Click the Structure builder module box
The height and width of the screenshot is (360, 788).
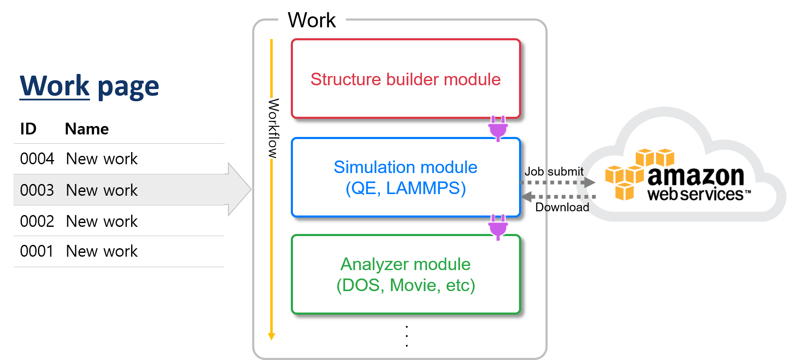[x=406, y=79]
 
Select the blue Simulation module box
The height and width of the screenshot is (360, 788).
[x=406, y=177]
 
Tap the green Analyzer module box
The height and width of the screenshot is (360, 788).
[x=406, y=274]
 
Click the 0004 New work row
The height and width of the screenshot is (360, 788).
[x=119, y=159]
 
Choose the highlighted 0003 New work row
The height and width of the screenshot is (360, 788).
[x=119, y=190]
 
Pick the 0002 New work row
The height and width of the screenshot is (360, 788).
[x=119, y=221]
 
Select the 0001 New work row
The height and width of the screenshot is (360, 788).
[x=119, y=251]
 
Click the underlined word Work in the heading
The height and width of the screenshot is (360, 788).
[x=55, y=86]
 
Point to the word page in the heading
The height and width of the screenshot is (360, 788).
[x=128, y=87]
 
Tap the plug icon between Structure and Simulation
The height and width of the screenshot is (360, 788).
[x=498, y=128]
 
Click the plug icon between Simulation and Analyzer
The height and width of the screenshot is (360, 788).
[x=498, y=227]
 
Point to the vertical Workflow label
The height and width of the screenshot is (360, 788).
[x=274, y=128]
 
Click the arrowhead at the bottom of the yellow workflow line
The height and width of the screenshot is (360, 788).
[x=271, y=336]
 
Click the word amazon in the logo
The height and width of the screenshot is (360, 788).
[x=696, y=176]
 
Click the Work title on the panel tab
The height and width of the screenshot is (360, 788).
[x=312, y=20]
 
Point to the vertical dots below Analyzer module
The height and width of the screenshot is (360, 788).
[x=407, y=336]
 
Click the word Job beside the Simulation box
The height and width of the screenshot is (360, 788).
[x=534, y=171]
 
